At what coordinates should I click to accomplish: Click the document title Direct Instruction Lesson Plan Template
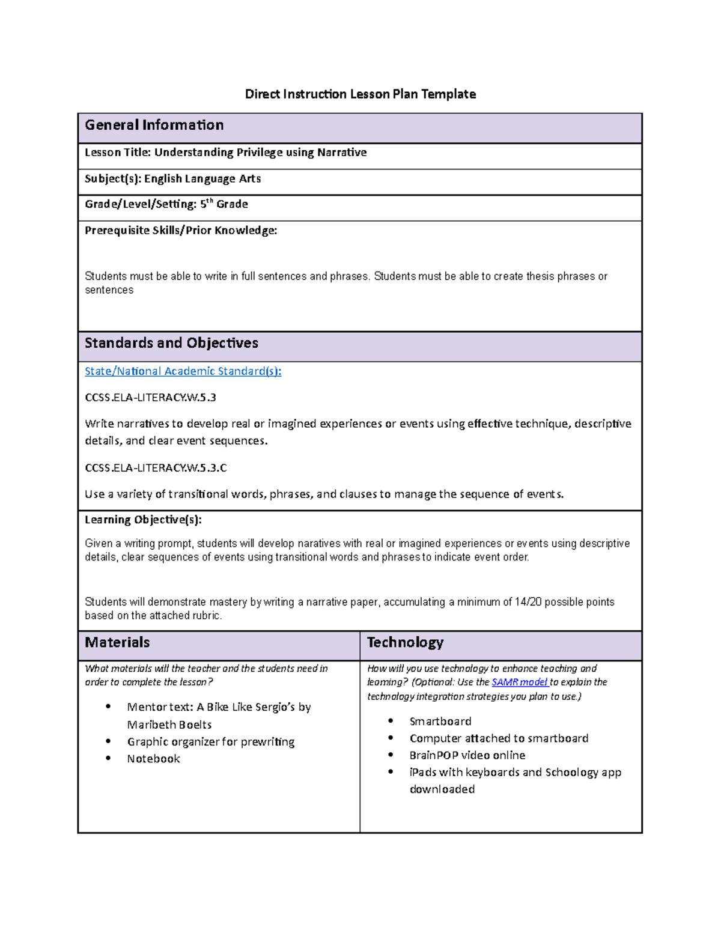click(360, 94)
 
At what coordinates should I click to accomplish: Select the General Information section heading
click(154, 125)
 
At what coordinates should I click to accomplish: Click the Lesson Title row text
click(225, 153)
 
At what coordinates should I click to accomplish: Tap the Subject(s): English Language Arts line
click(172, 178)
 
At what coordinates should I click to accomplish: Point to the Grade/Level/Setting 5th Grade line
click(166, 204)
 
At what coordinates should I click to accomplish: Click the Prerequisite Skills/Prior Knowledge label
click(181, 230)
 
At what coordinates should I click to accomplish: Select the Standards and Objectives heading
click(171, 343)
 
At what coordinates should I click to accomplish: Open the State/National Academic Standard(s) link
click(183, 371)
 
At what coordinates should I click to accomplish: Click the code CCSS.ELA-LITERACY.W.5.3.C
click(156, 467)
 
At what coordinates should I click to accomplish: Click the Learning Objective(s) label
click(143, 520)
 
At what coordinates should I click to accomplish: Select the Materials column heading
click(117, 642)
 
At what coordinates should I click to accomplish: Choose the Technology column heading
click(405, 642)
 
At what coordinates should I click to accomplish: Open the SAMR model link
click(519, 682)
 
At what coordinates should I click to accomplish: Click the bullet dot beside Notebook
click(108, 758)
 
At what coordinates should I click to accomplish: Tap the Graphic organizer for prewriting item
click(210, 741)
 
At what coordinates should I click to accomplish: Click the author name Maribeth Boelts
click(169, 725)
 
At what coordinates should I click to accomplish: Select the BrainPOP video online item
click(467, 755)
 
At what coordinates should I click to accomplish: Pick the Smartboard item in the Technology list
click(440, 721)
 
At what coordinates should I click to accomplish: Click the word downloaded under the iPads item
click(442, 789)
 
